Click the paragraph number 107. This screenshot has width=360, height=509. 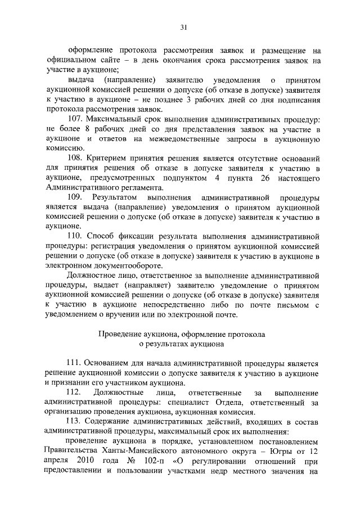coord(75,119)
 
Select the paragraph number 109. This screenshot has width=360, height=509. coord(75,197)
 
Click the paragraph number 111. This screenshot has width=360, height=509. coord(75,364)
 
